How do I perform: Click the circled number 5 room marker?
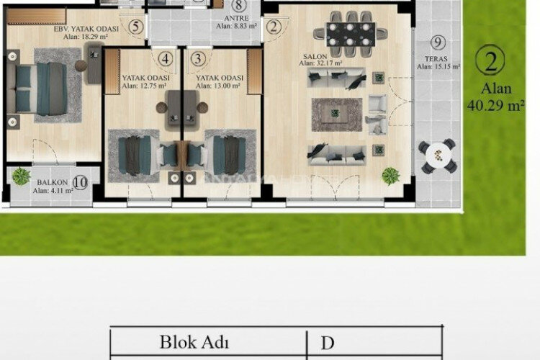pos(138,27)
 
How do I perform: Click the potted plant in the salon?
pos(391,175)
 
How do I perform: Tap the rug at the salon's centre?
pos(336,113)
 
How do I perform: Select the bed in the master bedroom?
pos(42,88)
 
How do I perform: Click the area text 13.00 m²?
pos(220,86)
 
